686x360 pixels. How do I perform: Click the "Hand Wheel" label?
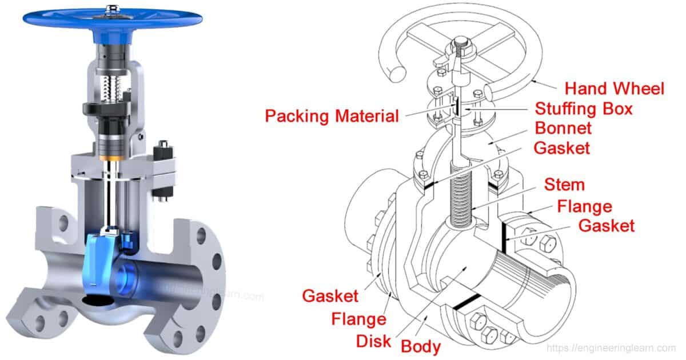click(615, 89)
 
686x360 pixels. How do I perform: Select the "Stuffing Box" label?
click(584, 108)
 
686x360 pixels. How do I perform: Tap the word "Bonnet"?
click(563, 127)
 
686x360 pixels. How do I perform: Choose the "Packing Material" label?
click(332, 116)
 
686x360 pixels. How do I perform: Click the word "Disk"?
click(373, 341)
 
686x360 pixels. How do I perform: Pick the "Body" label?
click(420, 346)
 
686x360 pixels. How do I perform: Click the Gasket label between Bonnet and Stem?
click(561, 147)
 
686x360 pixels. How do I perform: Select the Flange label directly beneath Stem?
click(584, 206)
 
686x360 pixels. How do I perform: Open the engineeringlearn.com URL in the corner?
click(611, 347)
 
